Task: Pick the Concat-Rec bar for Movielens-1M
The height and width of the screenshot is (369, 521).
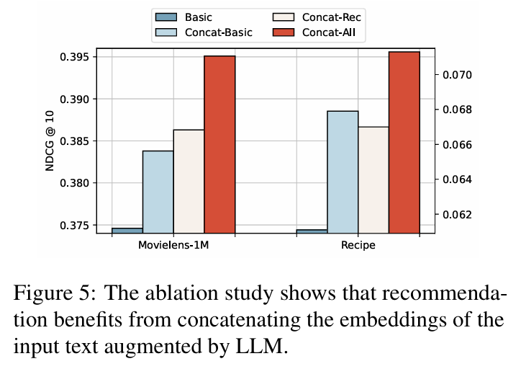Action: tap(189, 181)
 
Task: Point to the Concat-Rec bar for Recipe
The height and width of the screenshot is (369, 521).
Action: tap(373, 179)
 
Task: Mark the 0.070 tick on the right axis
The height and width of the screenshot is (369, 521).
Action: tap(455, 75)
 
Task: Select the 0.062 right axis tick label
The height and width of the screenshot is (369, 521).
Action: tap(455, 214)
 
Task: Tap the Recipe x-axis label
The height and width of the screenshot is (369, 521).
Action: tap(358, 245)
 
